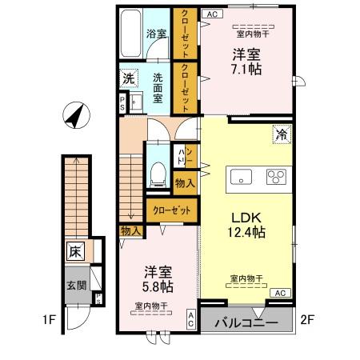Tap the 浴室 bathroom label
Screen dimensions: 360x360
click(155, 34)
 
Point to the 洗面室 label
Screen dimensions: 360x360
click(158, 87)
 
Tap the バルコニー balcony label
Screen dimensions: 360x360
click(246, 322)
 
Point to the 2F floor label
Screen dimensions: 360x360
click(307, 322)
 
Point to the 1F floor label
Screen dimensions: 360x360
click(50, 322)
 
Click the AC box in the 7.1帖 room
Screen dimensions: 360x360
click(212, 14)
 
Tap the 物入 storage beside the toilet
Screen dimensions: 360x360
click(185, 183)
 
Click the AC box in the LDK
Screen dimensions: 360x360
click(282, 294)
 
